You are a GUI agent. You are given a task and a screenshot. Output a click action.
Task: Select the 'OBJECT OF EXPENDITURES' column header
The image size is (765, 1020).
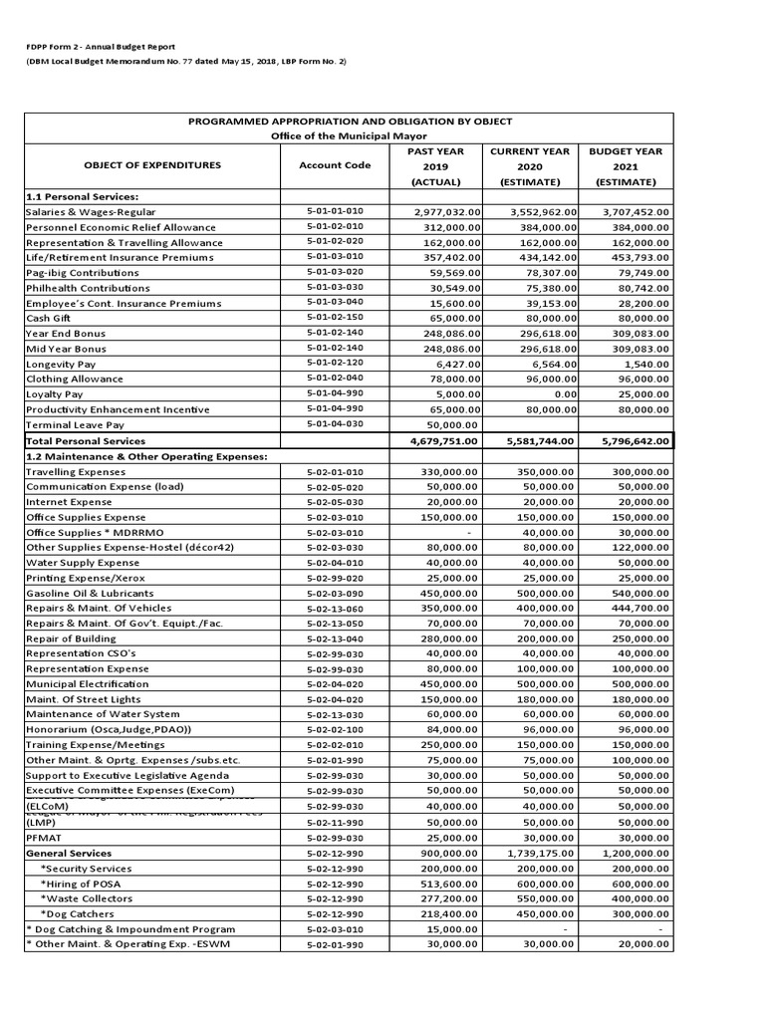coord(152,165)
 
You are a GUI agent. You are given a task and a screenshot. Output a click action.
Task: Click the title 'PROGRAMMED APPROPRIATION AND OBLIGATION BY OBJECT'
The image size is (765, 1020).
coord(350,121)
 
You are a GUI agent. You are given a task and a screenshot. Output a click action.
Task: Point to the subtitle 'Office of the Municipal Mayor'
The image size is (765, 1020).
coord(350,135)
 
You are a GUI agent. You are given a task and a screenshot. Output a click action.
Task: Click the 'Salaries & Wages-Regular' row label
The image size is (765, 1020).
coord(92,212)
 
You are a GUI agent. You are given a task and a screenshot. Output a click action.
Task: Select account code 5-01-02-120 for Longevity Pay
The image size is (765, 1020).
coord(335,364)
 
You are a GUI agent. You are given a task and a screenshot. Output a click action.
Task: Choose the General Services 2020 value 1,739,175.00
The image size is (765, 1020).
coord(541,854)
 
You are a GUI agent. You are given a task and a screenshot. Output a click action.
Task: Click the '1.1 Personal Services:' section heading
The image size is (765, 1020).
coord(82,196)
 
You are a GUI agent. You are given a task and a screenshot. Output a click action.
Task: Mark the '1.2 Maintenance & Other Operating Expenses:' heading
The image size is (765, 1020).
coord(146,455)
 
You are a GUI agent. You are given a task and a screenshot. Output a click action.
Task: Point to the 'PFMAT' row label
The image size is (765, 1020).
coord(43,838)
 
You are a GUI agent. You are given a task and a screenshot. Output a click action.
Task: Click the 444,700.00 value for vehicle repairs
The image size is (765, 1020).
coord(636,608)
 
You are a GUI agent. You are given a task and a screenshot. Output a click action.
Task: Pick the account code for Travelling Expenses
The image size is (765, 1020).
coord(335,471)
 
